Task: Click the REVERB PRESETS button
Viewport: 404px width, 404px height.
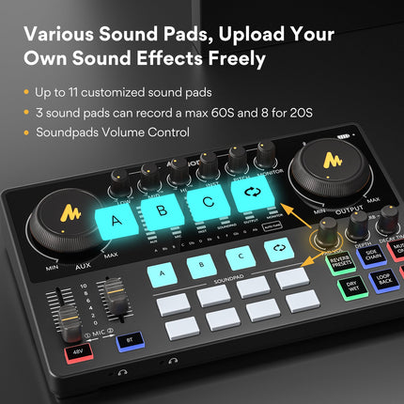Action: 343,262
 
